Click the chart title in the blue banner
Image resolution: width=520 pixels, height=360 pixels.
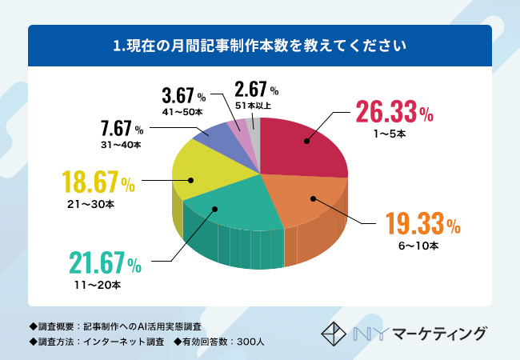point(260,46)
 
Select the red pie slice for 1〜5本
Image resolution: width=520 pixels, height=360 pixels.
point(304,148)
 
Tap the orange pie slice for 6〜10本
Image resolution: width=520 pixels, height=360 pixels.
point(308,200)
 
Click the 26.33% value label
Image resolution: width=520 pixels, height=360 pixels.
point(394,113)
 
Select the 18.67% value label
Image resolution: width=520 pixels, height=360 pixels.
point(94,182)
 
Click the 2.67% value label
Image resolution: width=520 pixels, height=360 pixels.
point(256,88)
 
